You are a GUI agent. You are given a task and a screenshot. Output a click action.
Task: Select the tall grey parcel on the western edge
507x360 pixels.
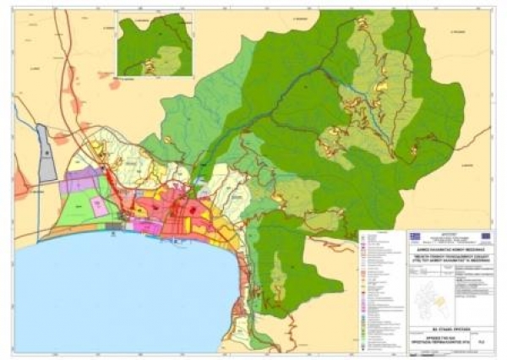(x=47, y=151)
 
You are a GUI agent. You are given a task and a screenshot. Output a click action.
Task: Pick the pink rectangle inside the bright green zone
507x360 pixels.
(x=99, y=205)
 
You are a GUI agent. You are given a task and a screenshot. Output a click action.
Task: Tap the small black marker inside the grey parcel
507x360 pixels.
(x=46, y=149)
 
